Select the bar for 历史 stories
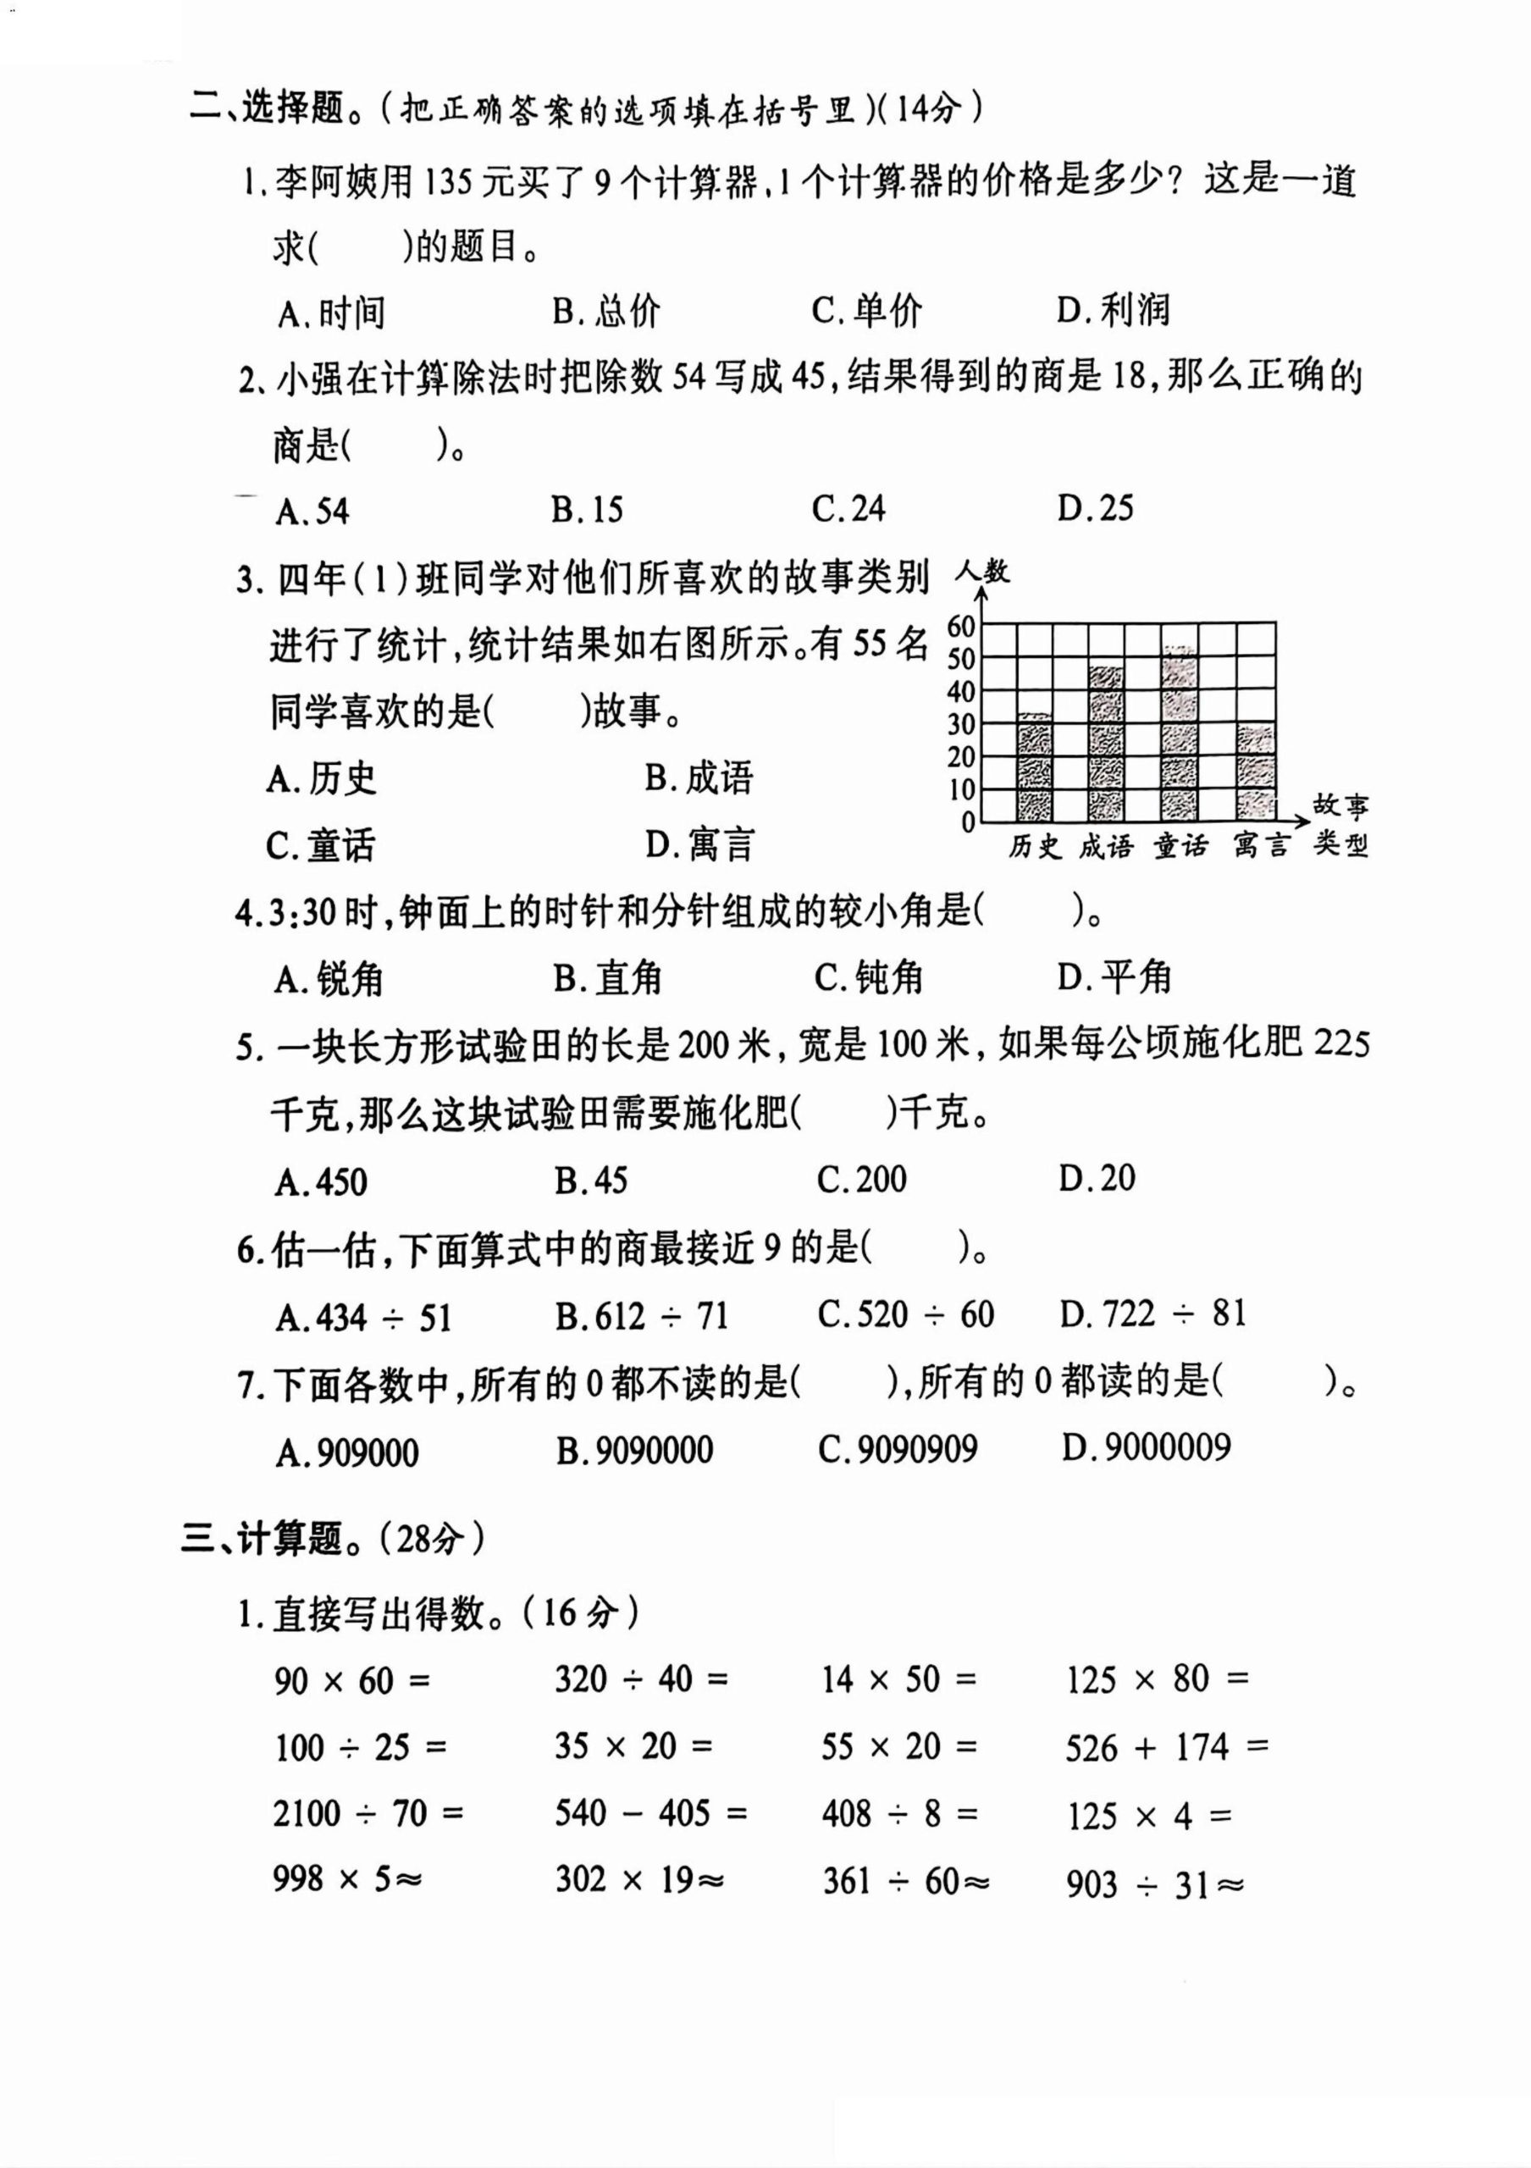pos(1036,766)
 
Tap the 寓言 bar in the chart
pos(1256,772)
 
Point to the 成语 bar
pos(1106,744)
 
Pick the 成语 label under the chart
pos(1106,846)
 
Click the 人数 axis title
pos(981,572)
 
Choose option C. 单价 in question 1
pos(866,311)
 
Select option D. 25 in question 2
pos(1095,509)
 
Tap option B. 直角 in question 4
pos(607,978)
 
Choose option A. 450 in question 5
pos(321,1181)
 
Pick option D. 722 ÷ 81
pos(1152,1314)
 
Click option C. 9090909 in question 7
pos(898,1449)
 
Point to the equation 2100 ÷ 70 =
pos(368,1814)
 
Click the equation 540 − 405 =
pos(650,1813)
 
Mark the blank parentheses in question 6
pos(915,1249)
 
